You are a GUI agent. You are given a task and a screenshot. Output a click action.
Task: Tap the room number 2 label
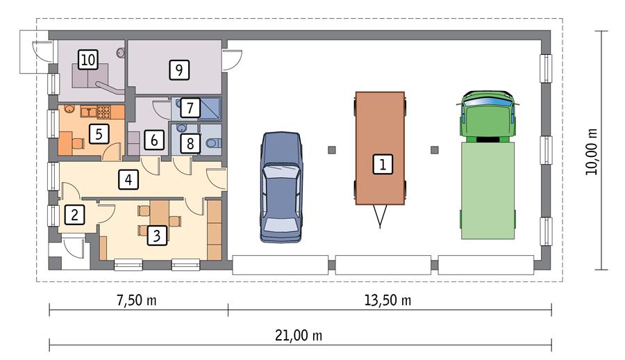tap(76, 214)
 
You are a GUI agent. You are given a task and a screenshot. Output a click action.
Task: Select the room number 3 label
tap(158, 235)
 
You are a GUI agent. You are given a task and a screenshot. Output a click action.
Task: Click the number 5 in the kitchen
tap(100, 133)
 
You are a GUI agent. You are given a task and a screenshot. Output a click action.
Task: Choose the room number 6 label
tap(153, 140)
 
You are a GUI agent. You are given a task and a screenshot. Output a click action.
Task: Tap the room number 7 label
tap(191, 108)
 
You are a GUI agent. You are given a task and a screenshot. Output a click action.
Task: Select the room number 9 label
tap(178, 69)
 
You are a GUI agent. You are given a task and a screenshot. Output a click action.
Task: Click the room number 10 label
tap(87, 60)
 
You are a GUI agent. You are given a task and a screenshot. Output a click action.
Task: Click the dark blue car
tap(281, 186)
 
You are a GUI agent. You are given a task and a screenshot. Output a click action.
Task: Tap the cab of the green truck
tap(487, 115)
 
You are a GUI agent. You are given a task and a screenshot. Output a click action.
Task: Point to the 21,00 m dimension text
tap(299, 335)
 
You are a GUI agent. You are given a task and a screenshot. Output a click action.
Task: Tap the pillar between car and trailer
tap(331, 149)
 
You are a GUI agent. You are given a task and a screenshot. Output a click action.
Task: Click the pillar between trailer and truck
tap(435, 149)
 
